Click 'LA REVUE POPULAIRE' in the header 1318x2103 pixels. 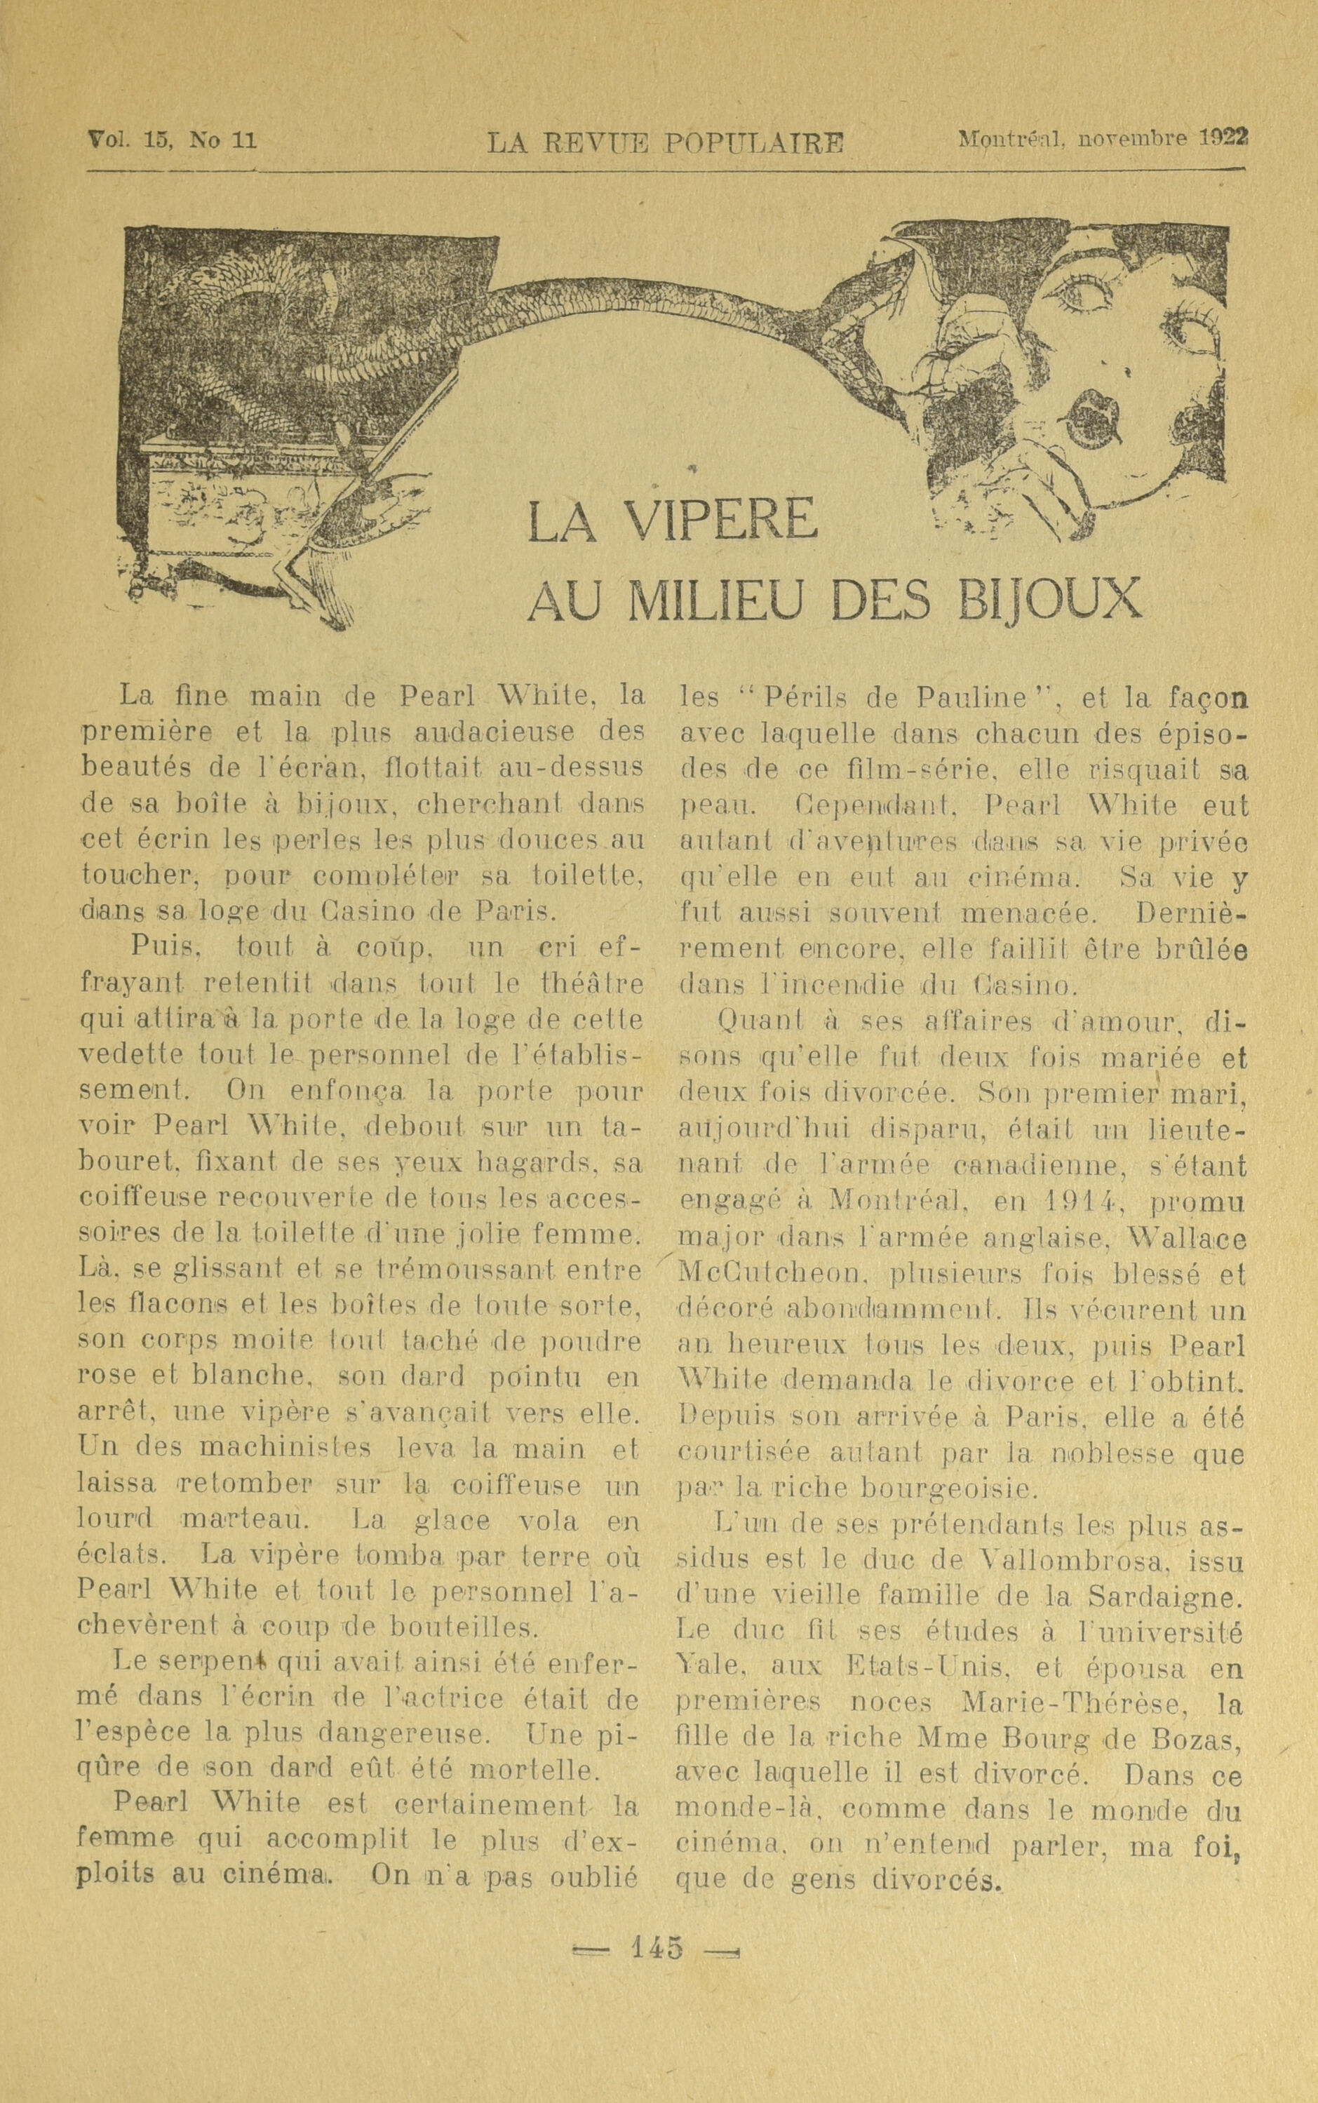click(x=664, y=142)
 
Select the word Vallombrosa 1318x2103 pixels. click(x=1092, y=1556)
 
